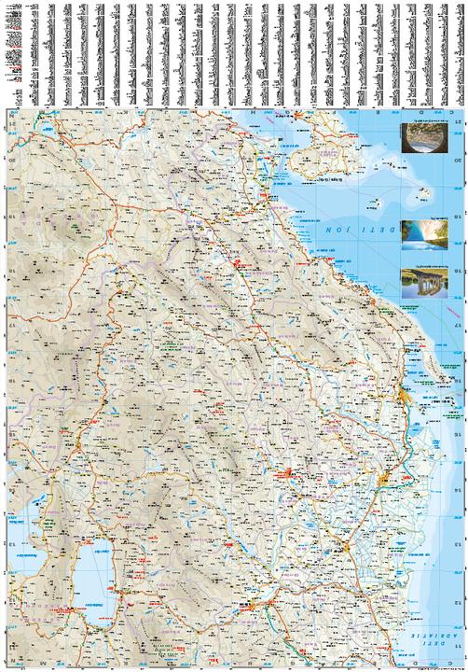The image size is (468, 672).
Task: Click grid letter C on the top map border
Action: click(x=451, y=111)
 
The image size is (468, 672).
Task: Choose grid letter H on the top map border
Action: click(x=252, y=111)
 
